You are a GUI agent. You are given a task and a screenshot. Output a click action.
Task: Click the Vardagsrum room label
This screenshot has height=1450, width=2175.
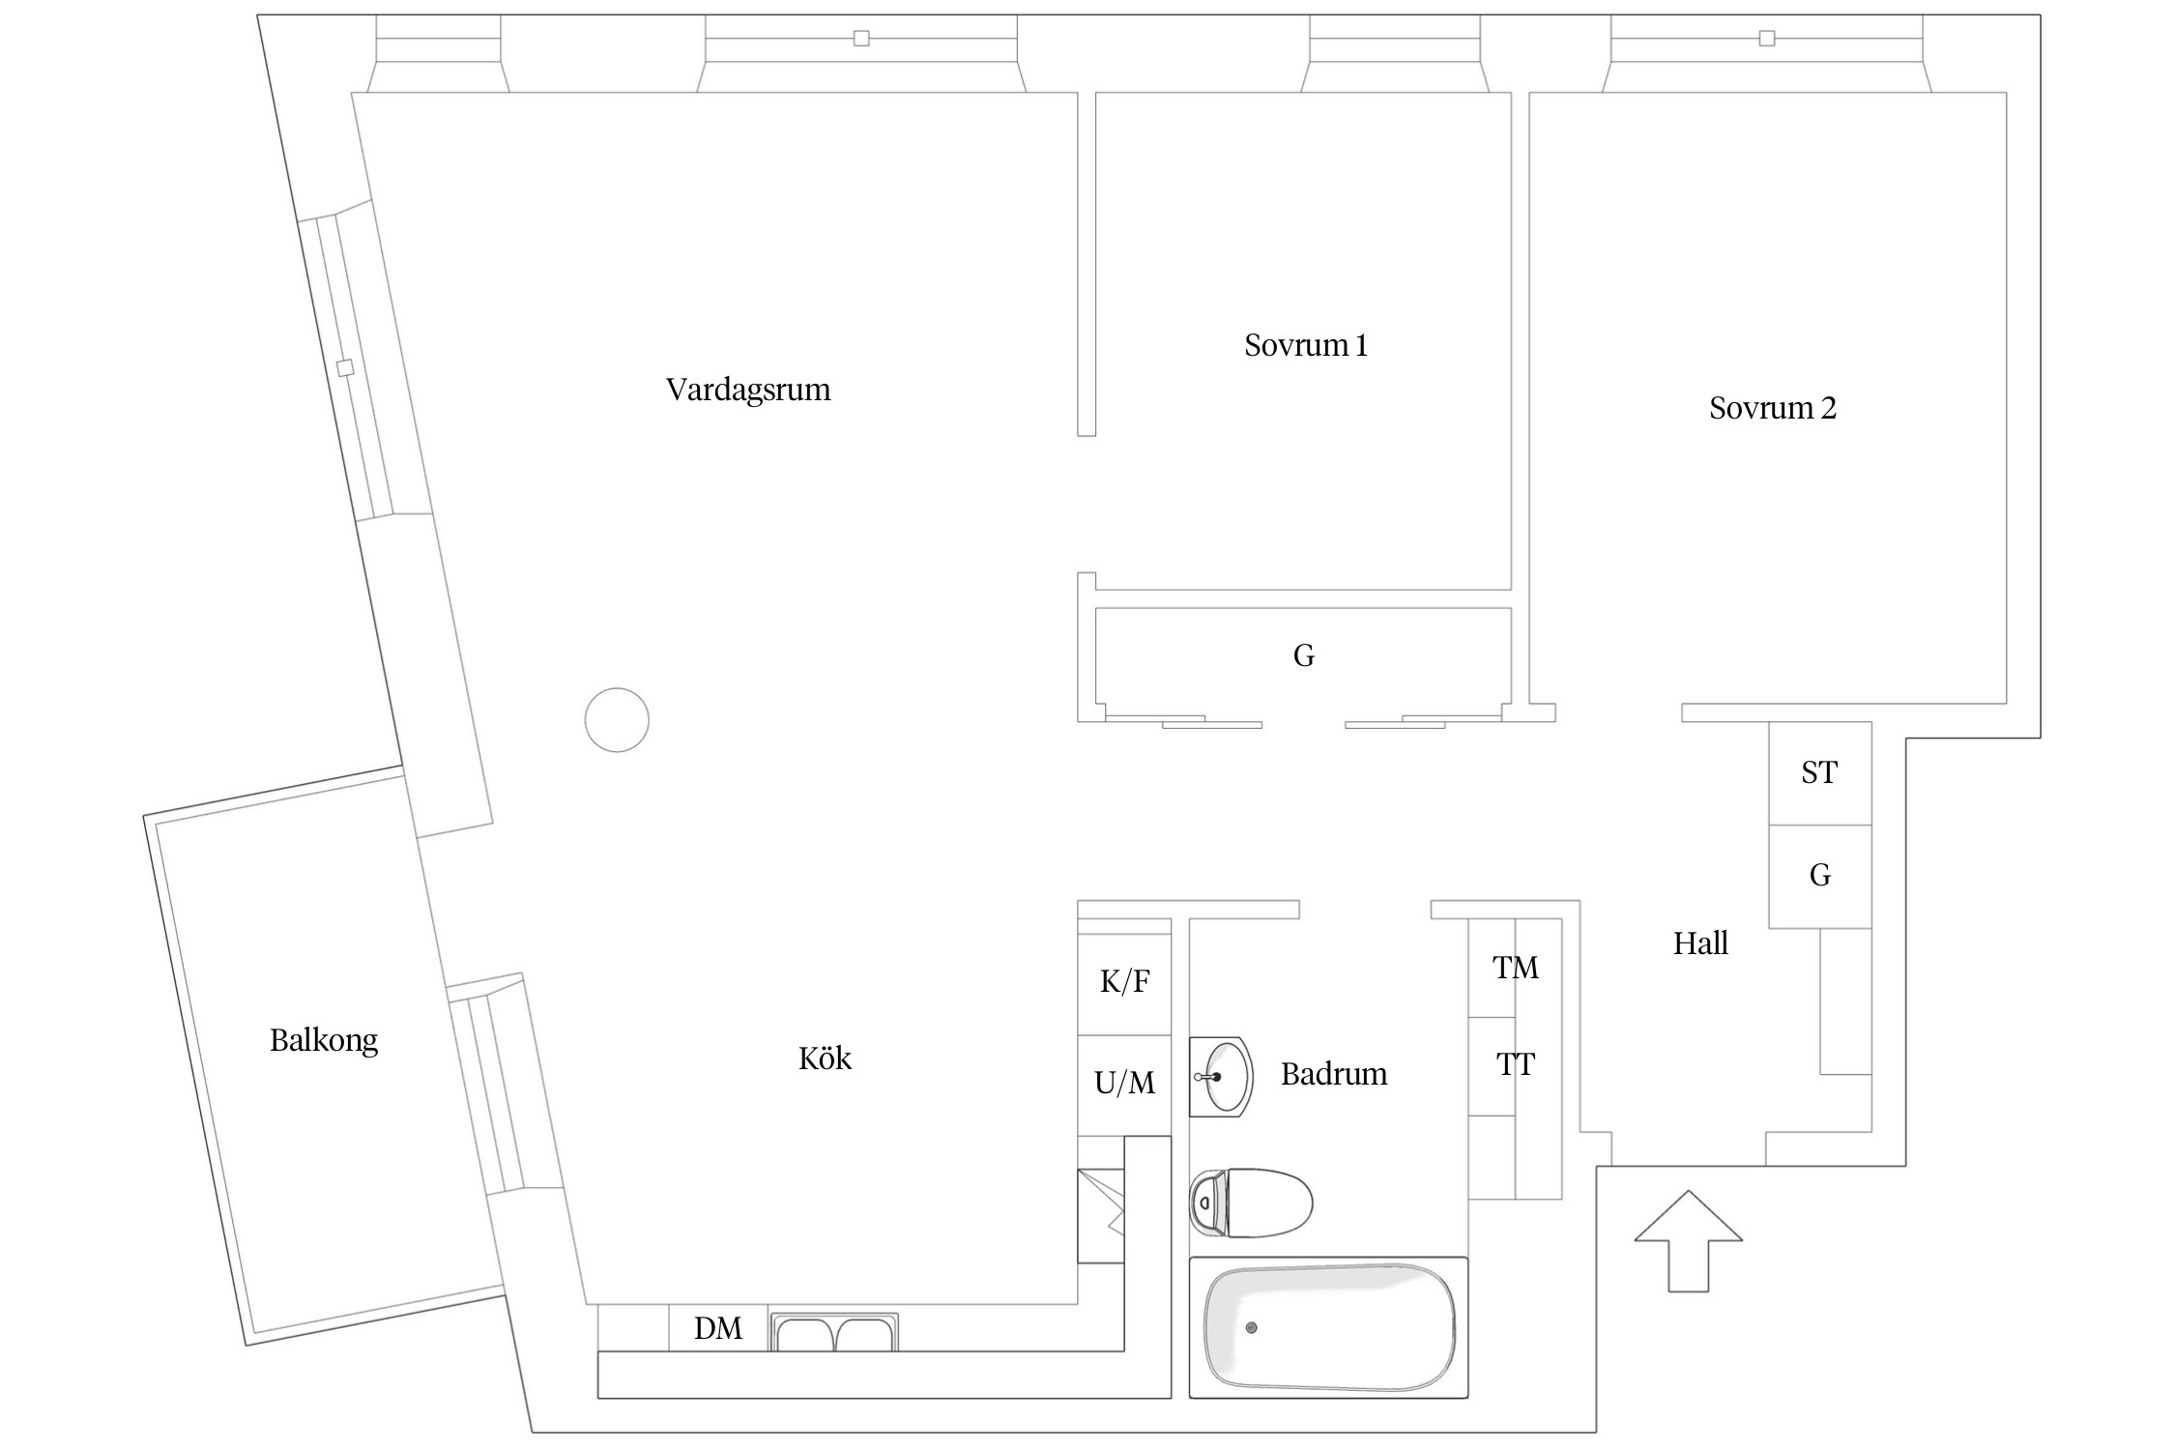click(748, 390)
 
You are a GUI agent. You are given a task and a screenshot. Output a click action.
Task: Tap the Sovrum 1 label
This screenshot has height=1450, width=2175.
click(1306, 345)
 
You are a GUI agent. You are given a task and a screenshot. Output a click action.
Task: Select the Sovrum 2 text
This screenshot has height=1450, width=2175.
click(1772, 408)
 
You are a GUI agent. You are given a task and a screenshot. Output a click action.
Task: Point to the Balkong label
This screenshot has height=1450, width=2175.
click(324, 1040)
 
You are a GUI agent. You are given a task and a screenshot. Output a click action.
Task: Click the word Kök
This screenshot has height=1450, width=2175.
click(825, 1058)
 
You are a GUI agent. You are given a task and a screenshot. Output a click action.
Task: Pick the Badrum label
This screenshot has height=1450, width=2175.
click(1334, 1074)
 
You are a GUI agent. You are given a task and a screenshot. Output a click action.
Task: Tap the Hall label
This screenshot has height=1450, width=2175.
click(1700, 943)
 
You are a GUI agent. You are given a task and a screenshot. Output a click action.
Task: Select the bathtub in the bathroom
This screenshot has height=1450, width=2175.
click(1328, 1327)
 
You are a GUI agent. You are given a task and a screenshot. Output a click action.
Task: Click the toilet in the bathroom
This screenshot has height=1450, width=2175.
click(1251, 1203)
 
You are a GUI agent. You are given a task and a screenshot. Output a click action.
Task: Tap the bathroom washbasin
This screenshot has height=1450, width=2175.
click(1222, 1077)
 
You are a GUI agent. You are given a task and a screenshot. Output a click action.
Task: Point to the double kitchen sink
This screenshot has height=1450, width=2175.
click(834, 1333)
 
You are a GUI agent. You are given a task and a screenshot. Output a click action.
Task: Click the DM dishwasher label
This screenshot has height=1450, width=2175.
click(718, 1329)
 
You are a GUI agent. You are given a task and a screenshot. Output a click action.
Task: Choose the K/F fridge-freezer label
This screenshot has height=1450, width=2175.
click(1124, 982)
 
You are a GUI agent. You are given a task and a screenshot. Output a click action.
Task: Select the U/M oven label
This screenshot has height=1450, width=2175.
click(1124, 1083)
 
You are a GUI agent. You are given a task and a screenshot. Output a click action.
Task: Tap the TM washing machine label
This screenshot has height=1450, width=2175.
click(1515, 968)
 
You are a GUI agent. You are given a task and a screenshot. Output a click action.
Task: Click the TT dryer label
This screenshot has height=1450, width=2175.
click(1515, 1064)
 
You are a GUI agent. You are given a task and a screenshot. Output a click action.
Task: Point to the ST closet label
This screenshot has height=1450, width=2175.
click(1819, 772)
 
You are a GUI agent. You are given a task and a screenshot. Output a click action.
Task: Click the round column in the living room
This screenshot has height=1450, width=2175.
click(617, 720)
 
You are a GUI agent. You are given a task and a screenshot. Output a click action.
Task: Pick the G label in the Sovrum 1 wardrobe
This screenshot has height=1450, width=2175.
click(1303, 656)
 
